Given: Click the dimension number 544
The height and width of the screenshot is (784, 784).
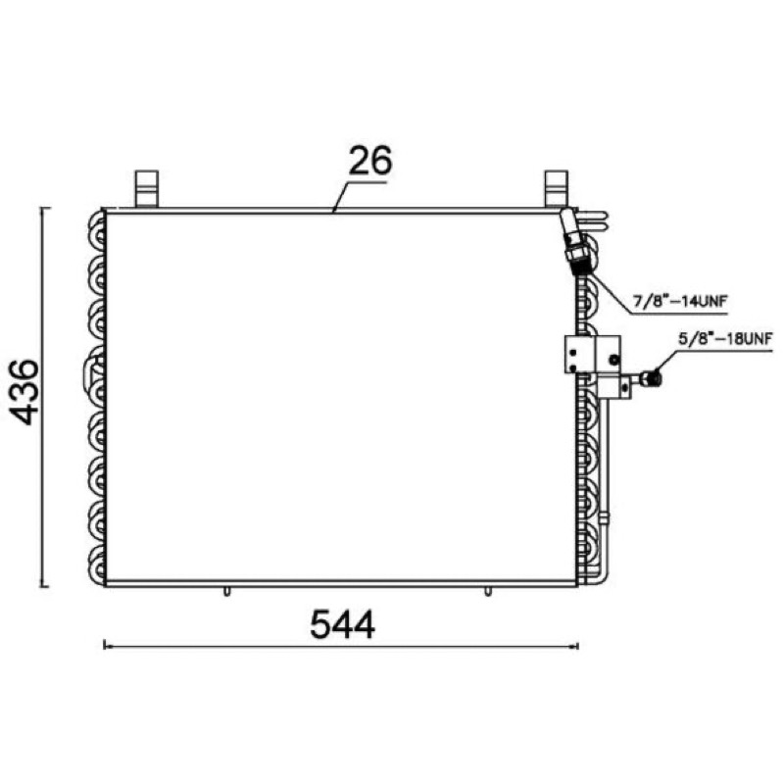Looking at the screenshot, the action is tap(342, 624).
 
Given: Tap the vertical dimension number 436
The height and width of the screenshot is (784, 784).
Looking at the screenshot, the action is tap(24, 392).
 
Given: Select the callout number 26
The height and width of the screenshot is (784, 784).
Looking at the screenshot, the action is tap(370, 161).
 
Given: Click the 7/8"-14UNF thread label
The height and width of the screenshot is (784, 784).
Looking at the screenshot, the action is tap(679, 302).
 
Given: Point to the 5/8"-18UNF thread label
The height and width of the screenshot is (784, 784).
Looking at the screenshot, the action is tap(725, 338).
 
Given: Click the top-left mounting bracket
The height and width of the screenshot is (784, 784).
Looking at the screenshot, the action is tap(147, 189).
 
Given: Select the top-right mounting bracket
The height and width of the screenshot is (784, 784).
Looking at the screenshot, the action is tap(556, 189).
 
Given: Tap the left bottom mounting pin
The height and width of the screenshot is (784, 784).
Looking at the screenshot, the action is tap(226, 592).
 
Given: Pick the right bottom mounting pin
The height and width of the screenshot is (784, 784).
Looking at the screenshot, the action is tap(487, 592).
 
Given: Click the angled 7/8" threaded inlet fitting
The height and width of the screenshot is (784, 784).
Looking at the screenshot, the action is tap(574, 241).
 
